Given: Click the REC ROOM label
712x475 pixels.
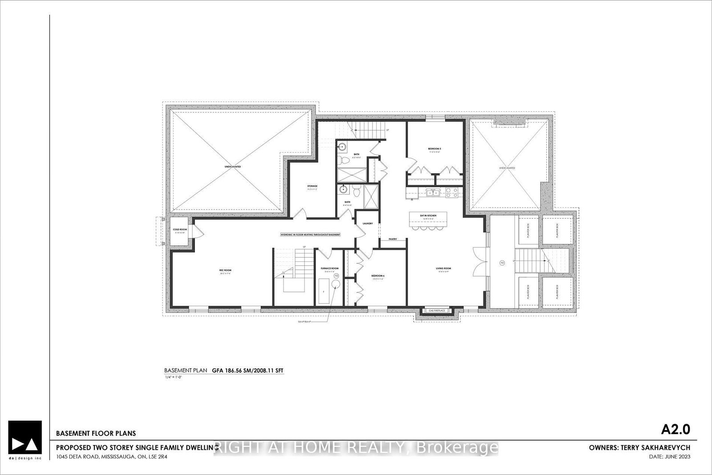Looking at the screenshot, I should tap(225, 271).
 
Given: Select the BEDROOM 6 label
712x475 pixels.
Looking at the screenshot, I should tap(378, 276).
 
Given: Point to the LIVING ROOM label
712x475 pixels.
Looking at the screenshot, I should tap(443, 268).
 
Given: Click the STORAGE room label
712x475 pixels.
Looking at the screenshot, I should tap(312, 186).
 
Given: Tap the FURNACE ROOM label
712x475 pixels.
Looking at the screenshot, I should tap(330, 268).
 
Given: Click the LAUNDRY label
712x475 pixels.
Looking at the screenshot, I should tap(368, 223).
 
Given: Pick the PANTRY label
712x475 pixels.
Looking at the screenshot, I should tap(392, 239).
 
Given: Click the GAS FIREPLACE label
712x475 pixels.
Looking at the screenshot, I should tap(437, 311).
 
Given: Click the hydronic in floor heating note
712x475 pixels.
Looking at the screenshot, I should tap(310, 235).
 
